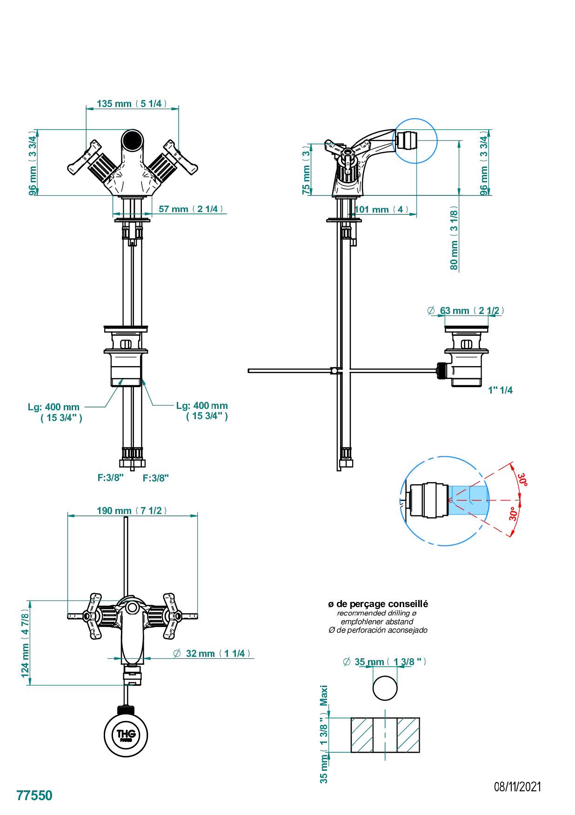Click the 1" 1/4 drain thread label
pyautogui.click(x=501, y=390)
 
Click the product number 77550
pyautogui.click(x=34, y=795)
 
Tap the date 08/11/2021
pyautogui.click(x=517, y=787)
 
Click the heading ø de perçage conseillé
pyautogui.click(x=378, y=604)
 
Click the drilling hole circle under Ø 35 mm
pyautogui.click(x=385, y=688)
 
